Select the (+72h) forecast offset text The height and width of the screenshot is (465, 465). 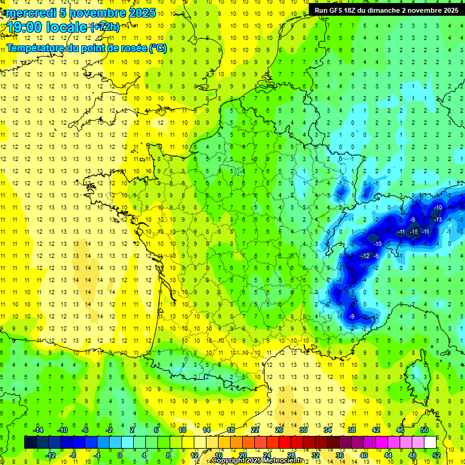coord(104,27)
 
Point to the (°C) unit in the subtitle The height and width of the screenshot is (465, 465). coord(157,48)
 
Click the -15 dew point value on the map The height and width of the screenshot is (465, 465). coord(414,232)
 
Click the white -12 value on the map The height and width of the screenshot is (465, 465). coord(364,256)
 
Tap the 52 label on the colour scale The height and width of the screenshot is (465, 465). coord(437,455)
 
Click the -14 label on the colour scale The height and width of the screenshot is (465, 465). coord(38,429)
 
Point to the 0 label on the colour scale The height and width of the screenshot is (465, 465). coord(120,455)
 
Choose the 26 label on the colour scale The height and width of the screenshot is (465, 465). coord(279,429)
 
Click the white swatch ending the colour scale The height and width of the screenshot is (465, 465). coord(430,442)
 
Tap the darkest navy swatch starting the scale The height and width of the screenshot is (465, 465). coord(30,442)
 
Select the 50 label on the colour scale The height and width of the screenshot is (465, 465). coord(424,429)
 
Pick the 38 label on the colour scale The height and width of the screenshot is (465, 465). coord(352,429)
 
